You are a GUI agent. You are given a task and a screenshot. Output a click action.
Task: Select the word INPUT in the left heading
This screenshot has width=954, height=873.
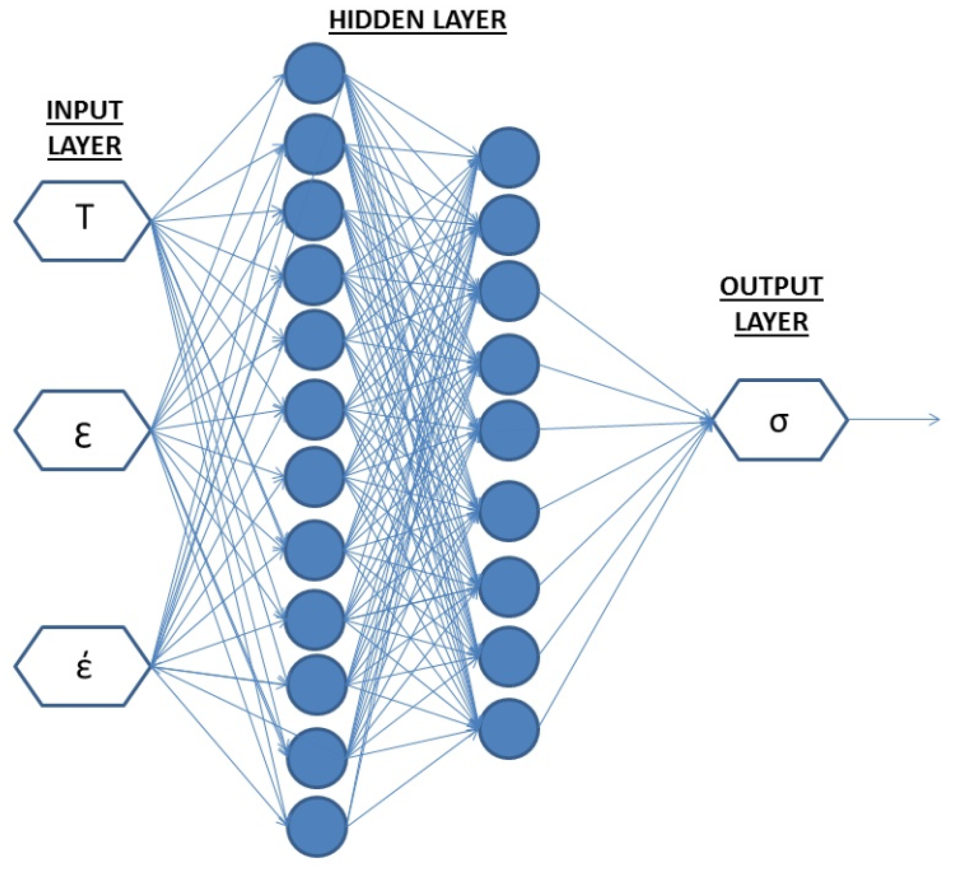(85, 111)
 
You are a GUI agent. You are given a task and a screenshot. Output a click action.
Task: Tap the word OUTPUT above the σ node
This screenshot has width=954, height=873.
(771, 287)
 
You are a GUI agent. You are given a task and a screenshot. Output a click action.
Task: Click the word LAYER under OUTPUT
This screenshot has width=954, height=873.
(771, 322)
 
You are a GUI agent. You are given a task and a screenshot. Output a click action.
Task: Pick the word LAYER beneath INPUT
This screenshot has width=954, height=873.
(85, 146)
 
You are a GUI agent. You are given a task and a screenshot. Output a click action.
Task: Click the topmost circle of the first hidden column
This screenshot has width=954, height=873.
(315, 73)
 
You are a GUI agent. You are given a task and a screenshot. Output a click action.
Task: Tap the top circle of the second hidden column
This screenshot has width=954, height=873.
(509, 157)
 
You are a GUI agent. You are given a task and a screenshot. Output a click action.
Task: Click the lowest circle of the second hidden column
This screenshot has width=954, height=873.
(509, 729)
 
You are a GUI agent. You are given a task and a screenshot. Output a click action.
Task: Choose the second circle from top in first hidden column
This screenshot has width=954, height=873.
(315, 144)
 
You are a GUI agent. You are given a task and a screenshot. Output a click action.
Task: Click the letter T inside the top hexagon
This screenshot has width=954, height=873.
(84, 218)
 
